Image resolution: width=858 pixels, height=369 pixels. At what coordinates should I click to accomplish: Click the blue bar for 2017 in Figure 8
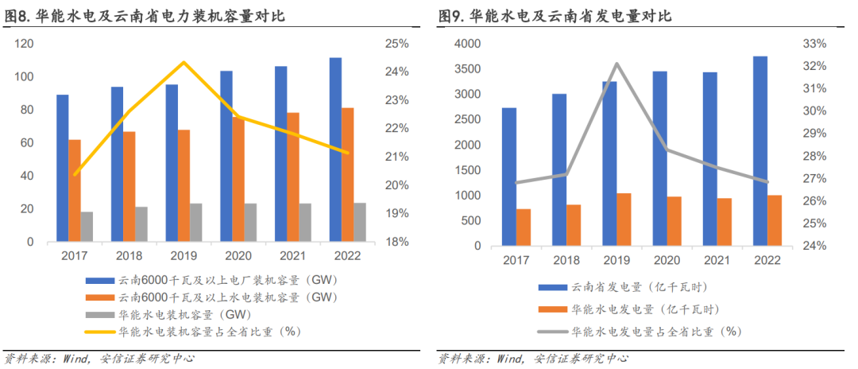tap(63, 168)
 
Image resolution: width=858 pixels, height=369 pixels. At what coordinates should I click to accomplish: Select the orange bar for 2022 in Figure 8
tap(348, 174)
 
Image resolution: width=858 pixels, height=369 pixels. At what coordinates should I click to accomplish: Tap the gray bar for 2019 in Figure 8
tap(195, 222)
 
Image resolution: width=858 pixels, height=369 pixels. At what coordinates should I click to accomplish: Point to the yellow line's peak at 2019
tap(184, 62)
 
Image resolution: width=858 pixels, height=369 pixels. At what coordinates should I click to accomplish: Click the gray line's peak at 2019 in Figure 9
tap(616, 64)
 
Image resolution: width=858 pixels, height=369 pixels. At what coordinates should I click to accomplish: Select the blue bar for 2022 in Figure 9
tap(760, 152)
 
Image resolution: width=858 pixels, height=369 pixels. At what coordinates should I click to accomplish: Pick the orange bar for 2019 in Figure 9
tap(624, 219)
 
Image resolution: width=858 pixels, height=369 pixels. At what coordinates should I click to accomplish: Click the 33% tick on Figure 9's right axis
tap(815, 44)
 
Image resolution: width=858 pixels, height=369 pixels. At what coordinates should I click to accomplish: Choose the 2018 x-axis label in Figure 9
tap(565, 260)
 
